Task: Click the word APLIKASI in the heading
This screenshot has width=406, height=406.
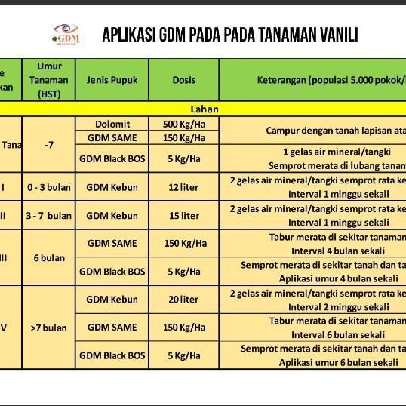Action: tap(130, 35)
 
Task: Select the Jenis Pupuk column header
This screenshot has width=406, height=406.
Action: tap(112, 80)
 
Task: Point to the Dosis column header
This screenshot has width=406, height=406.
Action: tap(184, 80)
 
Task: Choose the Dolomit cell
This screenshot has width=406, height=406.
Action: tap(112, 124)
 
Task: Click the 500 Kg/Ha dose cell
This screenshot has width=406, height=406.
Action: tap(184, 124)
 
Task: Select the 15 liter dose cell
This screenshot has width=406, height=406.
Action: tap(184, 216)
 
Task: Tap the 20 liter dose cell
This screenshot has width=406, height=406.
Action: tap(184, 300)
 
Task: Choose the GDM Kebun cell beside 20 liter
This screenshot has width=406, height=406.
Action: tap(112, 300)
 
